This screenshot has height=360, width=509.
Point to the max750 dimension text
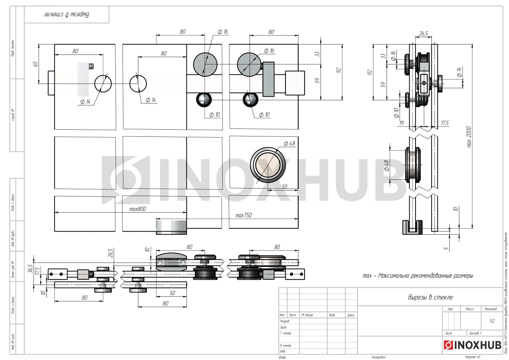[243, 215]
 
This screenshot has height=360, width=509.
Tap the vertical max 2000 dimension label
[469, 137]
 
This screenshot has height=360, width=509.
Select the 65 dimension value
[35, 64]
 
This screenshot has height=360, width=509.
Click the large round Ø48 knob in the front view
[268, 164]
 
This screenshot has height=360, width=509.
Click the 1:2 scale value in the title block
[492, 320]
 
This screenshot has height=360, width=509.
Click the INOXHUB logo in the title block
[472, 345]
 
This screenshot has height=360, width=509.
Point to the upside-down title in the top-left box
[66, 15]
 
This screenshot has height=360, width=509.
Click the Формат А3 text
[472, 357]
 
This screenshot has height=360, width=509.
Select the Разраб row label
[285, 321]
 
